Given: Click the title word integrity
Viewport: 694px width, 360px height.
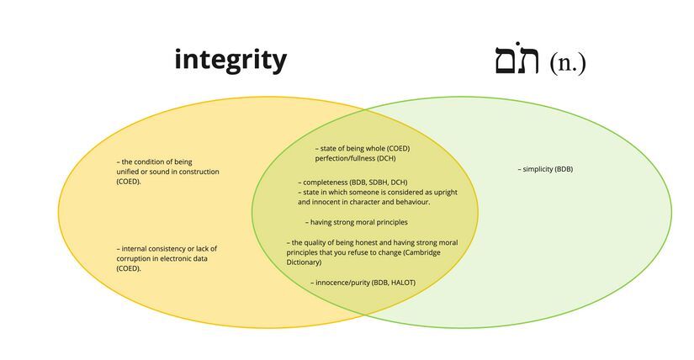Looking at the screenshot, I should coord(230,60).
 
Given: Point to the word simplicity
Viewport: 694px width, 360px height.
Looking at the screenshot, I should coord(536,169).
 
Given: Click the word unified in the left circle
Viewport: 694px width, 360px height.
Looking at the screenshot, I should coord(130,172).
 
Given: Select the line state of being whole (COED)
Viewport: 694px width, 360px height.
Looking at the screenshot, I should coord(362,148).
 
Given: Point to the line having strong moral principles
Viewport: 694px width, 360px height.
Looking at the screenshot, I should coord(357,222).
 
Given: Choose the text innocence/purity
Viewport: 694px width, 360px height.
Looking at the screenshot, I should coord(342,282).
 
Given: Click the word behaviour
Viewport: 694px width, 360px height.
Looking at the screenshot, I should coord(410,202).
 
